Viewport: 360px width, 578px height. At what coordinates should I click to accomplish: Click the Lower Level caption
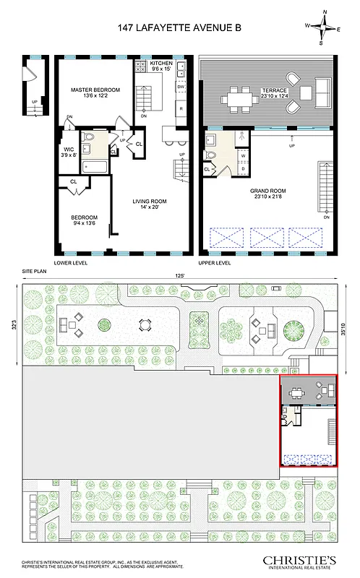click(x=71, y=263)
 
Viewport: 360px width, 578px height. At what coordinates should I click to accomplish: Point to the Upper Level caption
click(x=215, y=263)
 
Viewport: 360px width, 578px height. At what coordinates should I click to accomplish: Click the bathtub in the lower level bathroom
click(x=95, y=167)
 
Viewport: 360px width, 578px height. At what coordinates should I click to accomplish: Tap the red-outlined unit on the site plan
click(x=308, y=421)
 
